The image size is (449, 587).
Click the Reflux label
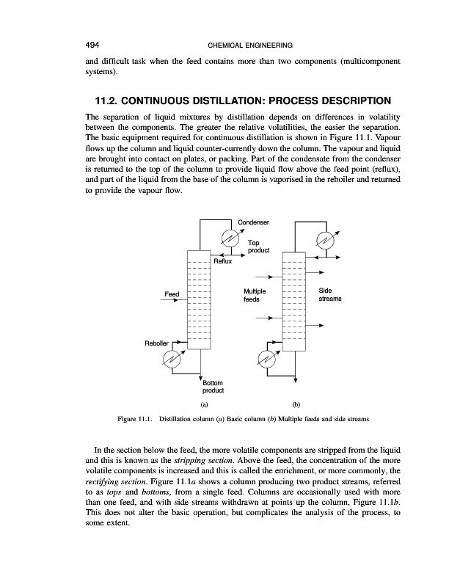click(x=222, y=261)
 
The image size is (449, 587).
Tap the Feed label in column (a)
click(x=172, y=294)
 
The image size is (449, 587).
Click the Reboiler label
click(x=156, y=342)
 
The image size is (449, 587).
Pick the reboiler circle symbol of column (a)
click(x=172, y=359)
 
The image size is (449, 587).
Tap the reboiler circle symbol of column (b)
click(x=266, y=359)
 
